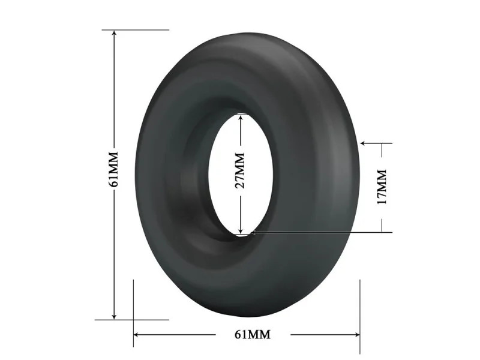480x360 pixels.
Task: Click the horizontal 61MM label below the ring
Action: [253, 335]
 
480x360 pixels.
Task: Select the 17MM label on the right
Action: [382, 187]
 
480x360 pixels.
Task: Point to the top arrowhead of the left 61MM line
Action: [114, 34]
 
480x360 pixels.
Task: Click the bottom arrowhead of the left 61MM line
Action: [114, 316]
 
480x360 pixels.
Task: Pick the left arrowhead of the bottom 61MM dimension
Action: [137, 335]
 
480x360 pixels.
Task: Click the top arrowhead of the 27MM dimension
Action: [241, 118]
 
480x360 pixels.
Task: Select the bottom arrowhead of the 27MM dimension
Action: [241, 230]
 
